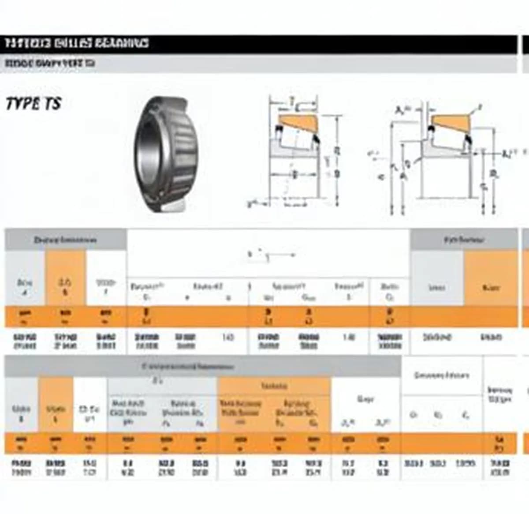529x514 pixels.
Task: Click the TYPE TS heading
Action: [34, 104]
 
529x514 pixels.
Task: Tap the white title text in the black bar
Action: [77, 43]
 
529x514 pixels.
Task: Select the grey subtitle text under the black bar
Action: [50, 64]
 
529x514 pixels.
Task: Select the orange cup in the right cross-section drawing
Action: [450, 122]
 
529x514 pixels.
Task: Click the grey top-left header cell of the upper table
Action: [65, 240]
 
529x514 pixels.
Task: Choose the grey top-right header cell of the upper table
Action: [464, 240]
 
